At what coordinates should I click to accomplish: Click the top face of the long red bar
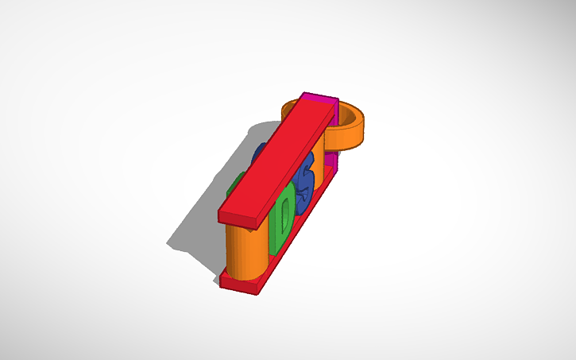click(x=274, y=159)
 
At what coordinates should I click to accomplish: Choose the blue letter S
click(x=303, y=180)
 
